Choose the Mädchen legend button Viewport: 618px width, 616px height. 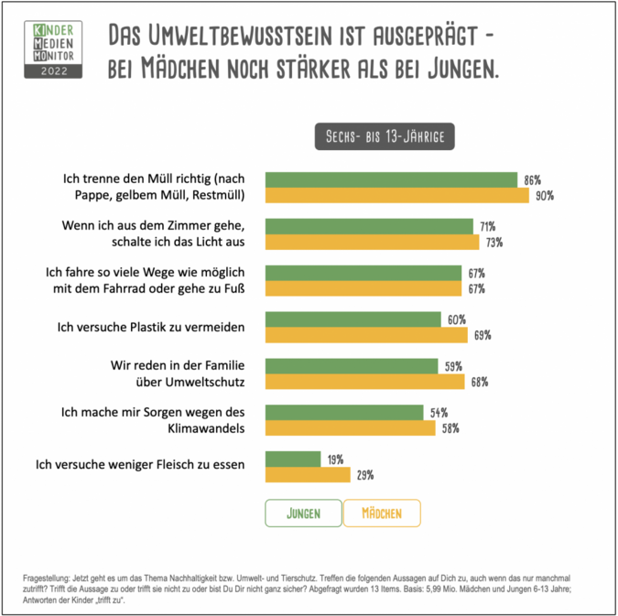[x=382, y=513]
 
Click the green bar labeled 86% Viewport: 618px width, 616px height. [x=391, y=179]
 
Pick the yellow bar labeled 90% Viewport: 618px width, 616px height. [x=396, y=195]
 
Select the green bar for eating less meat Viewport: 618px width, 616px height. [x=292, y=459]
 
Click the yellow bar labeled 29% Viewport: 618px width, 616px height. [x=307, y=475]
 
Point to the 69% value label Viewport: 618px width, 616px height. [x=482, y=335]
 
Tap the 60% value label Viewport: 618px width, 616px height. [x=457, y=319]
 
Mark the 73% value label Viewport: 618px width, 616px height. [x=493, y=242]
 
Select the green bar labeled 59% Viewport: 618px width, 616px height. [x=351, y=366]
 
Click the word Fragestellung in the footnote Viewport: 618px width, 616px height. [x=46, y=578]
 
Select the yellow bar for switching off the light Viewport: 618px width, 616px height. [x=372, y=242]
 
